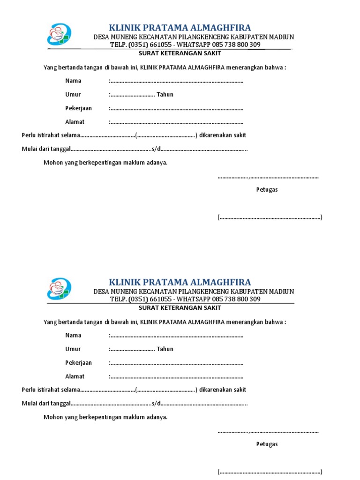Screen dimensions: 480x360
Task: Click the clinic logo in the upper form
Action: pyautogui.click(x=59, y=35)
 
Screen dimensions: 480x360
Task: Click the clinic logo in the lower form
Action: pyautogui.click(x=59, y=289)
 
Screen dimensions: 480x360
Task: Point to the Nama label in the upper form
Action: pyautogui.click(x=73, y=81)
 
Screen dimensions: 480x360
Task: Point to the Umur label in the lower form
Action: pyautogui.click(x=73, y=349)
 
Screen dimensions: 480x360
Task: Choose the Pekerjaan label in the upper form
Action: pyautogui.click(x=78, y=108)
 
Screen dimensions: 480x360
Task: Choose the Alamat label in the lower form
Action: pyautogui.click(x=75, y=376)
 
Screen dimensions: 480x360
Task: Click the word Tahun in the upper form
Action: pyautogui.click(x=165, y=94)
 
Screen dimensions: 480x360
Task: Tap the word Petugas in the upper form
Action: pyautogui.click(x=267, y=190)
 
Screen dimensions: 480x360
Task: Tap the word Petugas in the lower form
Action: pyautogui.click(x=267, y=444)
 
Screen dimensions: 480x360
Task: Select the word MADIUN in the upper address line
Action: pyautogui.click(x=281, y=37)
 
